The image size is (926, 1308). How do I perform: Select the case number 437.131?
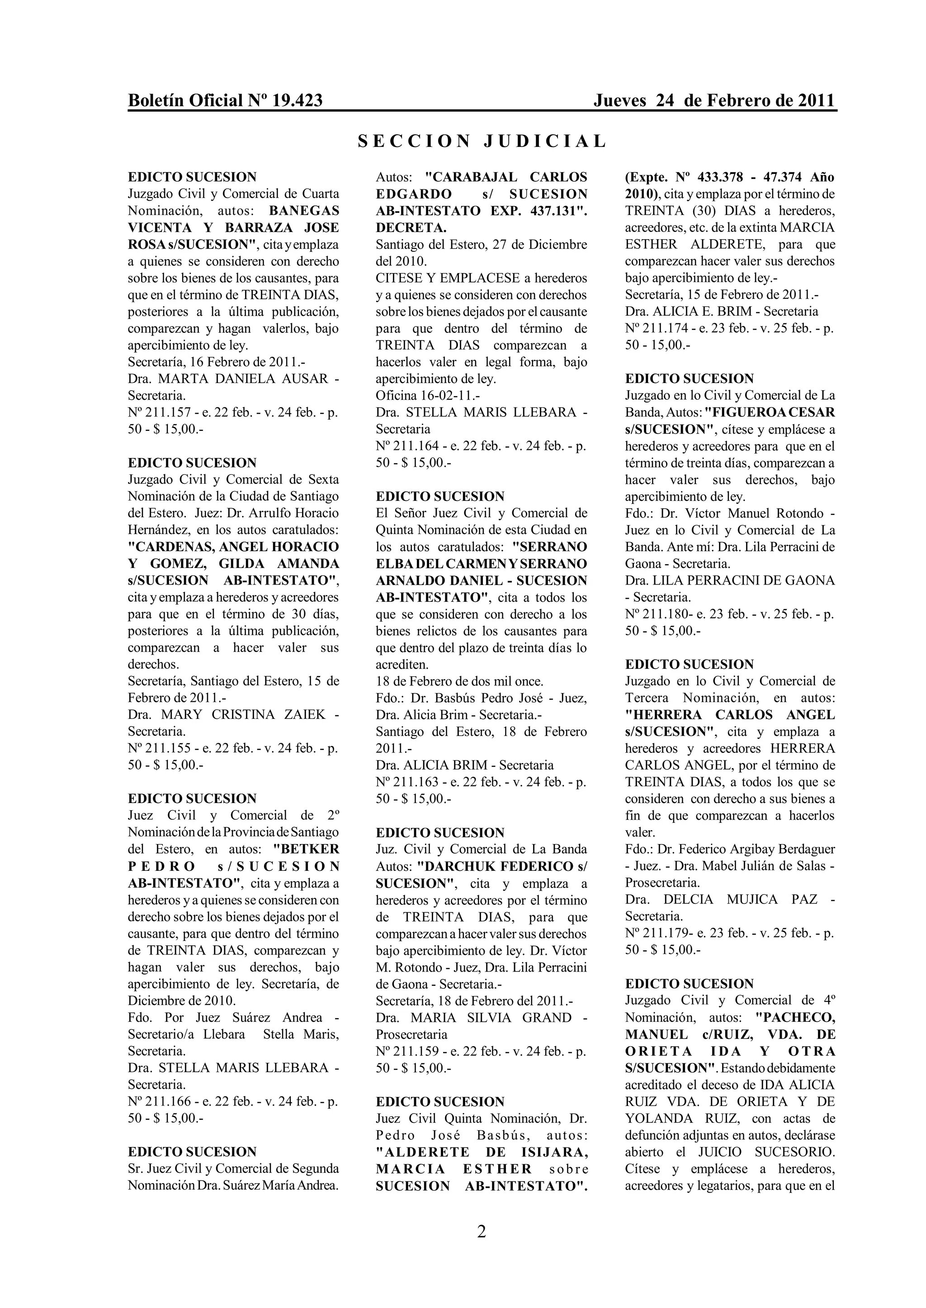558,211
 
